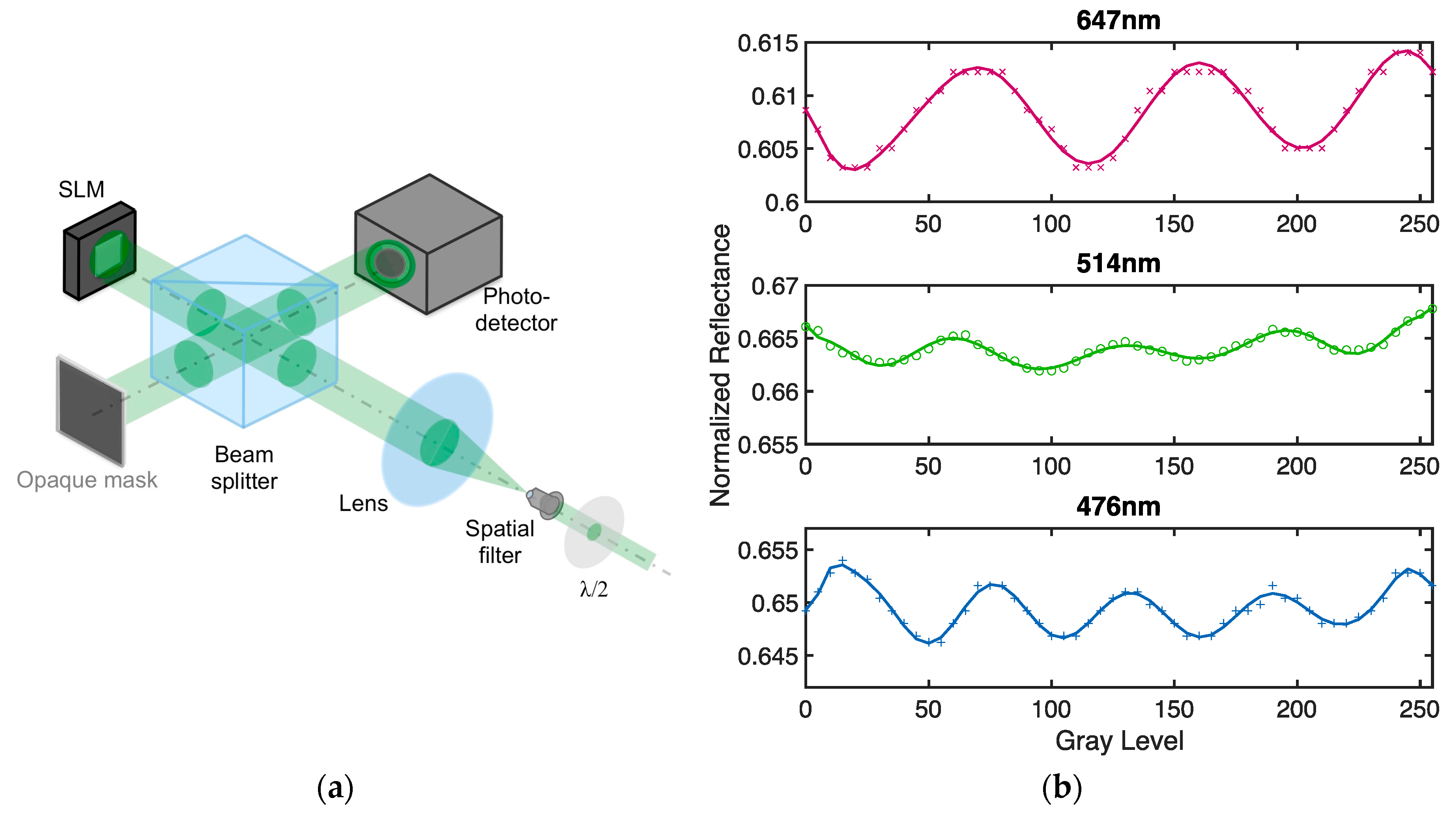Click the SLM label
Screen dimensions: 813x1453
click(x=81, y=189)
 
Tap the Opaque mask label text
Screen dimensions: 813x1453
click(x=87, y=480)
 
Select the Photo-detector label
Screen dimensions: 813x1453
click(x=516, y=310)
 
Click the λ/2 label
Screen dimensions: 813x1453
click(x=593, y=589)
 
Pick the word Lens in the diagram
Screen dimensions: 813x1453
click(x=363, y=503)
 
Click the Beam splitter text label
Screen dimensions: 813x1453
click(x=244, y=467)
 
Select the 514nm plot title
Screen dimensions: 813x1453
click(x=1118, y=263)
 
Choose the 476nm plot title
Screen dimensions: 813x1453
click(x=1118, y=506)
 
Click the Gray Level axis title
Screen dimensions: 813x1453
click(x=1119, y=740)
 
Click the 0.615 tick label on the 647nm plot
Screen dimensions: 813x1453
click(x=768, y=43)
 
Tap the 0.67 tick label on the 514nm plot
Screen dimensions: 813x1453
click(x=774, y=286)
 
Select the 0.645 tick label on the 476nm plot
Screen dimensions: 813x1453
click(x=768, y=656)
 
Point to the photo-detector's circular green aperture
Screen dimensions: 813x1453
click(x=390, y=263)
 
